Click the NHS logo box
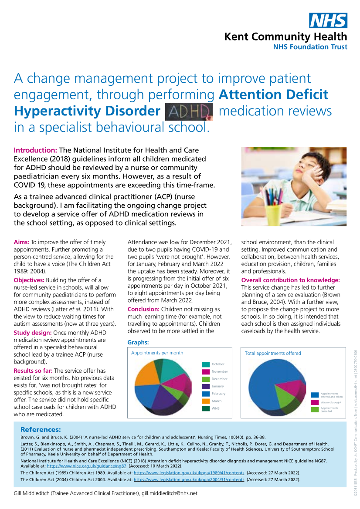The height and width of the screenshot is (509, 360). [x=328, y=20]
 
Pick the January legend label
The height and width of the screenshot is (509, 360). [x=217, y=386]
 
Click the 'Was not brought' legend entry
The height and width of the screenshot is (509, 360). [x=331, y=402]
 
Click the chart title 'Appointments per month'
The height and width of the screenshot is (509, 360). [x=157, y=353]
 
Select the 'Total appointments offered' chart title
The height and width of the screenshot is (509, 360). [x=273, y=353]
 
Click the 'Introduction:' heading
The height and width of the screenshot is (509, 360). [x=36, y=151]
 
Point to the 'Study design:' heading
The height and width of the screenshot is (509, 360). [x=33, y=333]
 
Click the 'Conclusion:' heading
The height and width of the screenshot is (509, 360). [x=144, y=309]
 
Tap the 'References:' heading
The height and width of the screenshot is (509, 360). [x=41, y=429]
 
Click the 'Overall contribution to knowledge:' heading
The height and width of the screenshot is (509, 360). [x=290, y=280]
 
